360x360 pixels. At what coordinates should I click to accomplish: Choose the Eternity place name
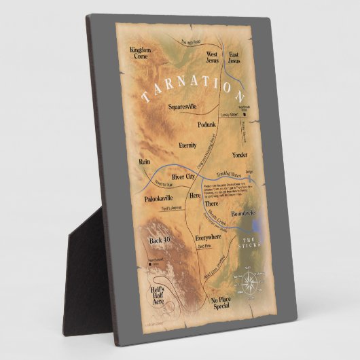[x=187, y=145]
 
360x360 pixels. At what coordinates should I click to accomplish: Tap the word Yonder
[x=240, y=155]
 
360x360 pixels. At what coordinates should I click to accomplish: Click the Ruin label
[x=143, y=162]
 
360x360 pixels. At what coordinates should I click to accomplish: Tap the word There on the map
[x=212, y=203]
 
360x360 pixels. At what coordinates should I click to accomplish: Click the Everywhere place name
[x=209, y=238]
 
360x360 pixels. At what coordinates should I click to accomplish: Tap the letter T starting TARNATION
[x=145, y=98]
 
